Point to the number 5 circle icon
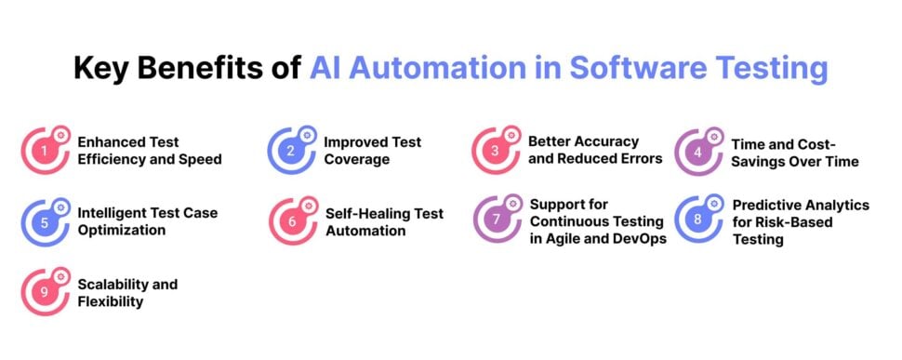coord(43,221)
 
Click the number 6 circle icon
coord(290,221)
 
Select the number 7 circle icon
coord(495,221)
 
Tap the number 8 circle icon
coord(697,221)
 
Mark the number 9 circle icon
coord(43,292)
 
